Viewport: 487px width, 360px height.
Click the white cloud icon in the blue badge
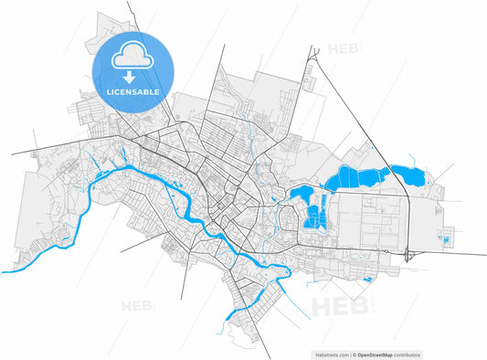click(130, 59)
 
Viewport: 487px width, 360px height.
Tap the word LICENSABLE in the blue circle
click(129, 92)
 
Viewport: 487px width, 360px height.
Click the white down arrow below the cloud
click(130, 79)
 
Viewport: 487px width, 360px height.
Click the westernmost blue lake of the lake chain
click(298, 192)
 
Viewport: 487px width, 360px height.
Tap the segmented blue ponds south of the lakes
click(316, 216)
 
